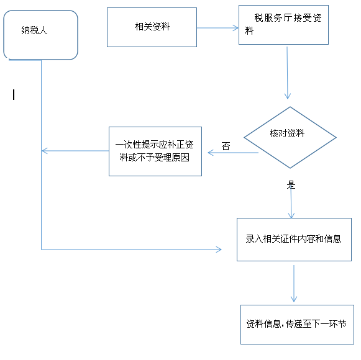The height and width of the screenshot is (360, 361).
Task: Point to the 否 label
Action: point(226,146)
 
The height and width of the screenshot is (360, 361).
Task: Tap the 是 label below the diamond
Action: point(291,185)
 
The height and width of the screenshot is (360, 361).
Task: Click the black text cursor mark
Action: point(14,95)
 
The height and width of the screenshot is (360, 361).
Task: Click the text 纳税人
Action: point(34,30)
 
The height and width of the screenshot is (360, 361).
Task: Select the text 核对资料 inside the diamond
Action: point(287,133)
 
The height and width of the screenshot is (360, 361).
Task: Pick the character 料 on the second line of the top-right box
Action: point(249,30)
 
